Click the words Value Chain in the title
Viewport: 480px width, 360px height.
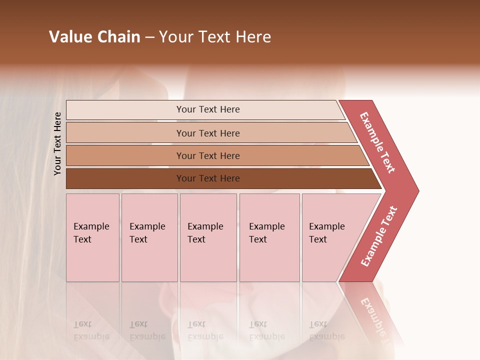(94, 37)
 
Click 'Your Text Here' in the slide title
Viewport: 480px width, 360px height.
(215, 37)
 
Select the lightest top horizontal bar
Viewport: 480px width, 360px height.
(125, 110)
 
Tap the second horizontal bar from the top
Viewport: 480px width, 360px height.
(125, 133)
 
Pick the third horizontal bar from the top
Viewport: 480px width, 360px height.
(125, 155)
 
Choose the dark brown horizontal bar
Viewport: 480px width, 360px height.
(125, 178)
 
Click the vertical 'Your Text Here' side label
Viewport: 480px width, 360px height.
(57, 144)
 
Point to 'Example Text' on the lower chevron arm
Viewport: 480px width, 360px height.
(379, 236)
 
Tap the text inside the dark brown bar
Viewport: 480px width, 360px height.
(208, 178)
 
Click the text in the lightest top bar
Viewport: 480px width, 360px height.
(208, 109)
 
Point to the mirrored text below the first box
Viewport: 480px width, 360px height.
(91, 330)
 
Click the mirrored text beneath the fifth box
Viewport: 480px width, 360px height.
(326, 330)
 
